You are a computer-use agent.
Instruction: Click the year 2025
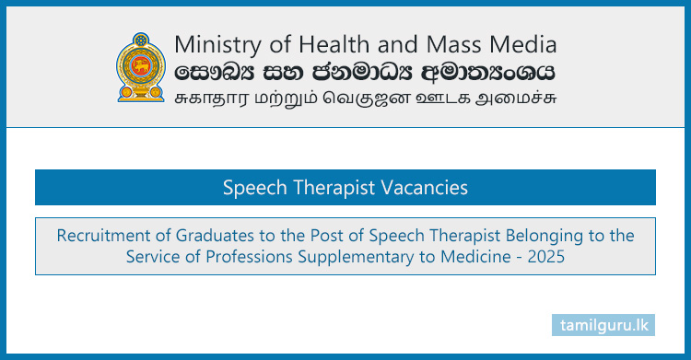545,258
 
